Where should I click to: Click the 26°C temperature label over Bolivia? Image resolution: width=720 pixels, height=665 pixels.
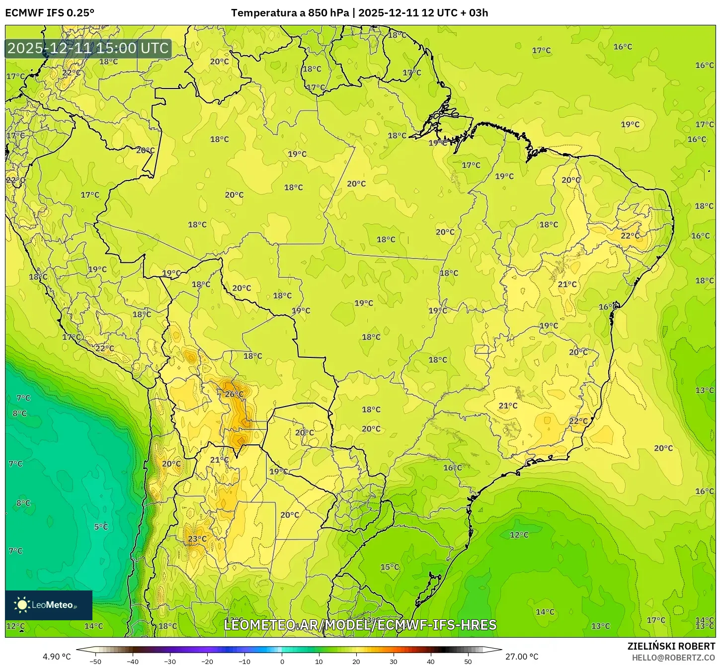(x=234, y=394)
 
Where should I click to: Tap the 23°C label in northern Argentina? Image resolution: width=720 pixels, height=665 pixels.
(x=197, y=539)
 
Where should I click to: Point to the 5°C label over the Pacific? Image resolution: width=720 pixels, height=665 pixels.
(x=101, y=527)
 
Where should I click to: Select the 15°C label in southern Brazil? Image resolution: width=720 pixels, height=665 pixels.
(x=390, y=567)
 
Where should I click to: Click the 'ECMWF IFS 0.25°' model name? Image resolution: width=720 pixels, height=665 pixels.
(x=50, y=13)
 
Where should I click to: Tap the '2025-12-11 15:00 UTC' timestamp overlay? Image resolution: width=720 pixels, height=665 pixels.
(x=88, y=48)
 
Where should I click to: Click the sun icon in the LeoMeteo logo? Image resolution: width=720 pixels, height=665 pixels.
(x=22, y=605)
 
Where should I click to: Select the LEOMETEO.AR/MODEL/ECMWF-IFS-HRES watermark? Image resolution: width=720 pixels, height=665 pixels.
(x=360, y=625)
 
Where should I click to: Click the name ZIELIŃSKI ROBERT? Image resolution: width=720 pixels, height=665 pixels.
(x=671, y=647)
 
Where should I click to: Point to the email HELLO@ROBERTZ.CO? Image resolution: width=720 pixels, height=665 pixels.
(x=673, y=657)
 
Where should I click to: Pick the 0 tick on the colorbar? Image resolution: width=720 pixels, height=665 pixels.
(x=282, y=661)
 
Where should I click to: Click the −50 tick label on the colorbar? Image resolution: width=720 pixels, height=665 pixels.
(x=95, y=661)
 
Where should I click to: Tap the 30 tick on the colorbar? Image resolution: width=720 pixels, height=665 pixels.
(x=394, y=661)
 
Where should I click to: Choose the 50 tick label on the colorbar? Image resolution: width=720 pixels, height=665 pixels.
(x=469, y=661)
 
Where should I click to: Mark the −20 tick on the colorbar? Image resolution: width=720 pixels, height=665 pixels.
(x=207, y=661)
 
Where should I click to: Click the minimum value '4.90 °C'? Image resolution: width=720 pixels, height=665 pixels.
(x=57, y=657)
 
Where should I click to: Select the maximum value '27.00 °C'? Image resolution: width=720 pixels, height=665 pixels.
(x=522, y=657)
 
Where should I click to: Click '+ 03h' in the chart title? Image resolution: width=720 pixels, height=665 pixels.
(x=475, y=13)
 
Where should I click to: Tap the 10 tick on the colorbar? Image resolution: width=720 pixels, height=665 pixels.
(x=319, y=661)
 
